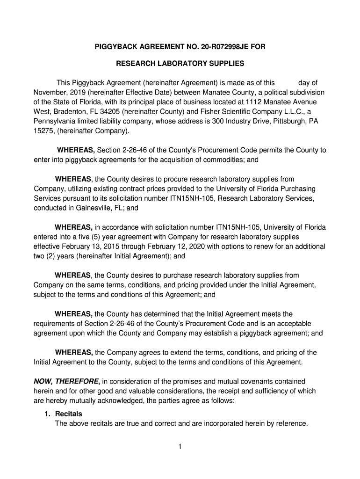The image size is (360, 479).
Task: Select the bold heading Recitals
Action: (68, 414)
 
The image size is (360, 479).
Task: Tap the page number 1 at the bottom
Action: (180, 446)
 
